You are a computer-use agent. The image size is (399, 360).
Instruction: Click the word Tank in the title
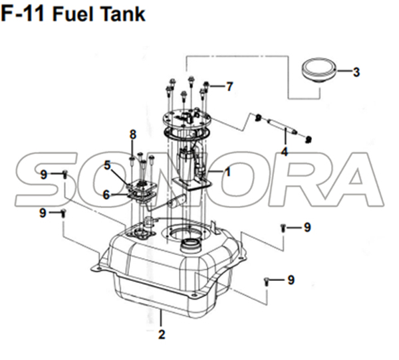(124, 14)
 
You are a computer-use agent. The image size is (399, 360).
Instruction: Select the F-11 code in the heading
(23, 14)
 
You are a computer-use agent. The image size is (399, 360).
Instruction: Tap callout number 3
(356, 72)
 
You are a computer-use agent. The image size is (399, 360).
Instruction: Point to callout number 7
(229, 87)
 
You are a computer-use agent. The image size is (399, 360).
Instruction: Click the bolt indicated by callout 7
(206, 86)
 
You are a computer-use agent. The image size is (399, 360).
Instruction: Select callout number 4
(285, 152)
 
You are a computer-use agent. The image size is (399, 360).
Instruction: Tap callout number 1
(227, 172)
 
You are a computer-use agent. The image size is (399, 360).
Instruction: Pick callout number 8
(133, 135)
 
